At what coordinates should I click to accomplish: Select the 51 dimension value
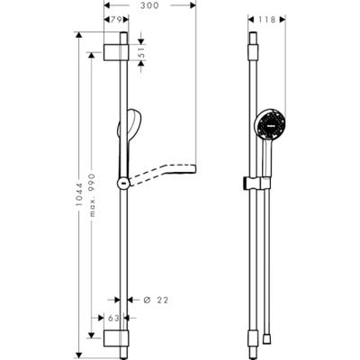[142, 53]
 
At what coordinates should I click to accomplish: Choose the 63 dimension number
[113, 318]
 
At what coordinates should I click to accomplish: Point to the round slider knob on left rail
[121, 184]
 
